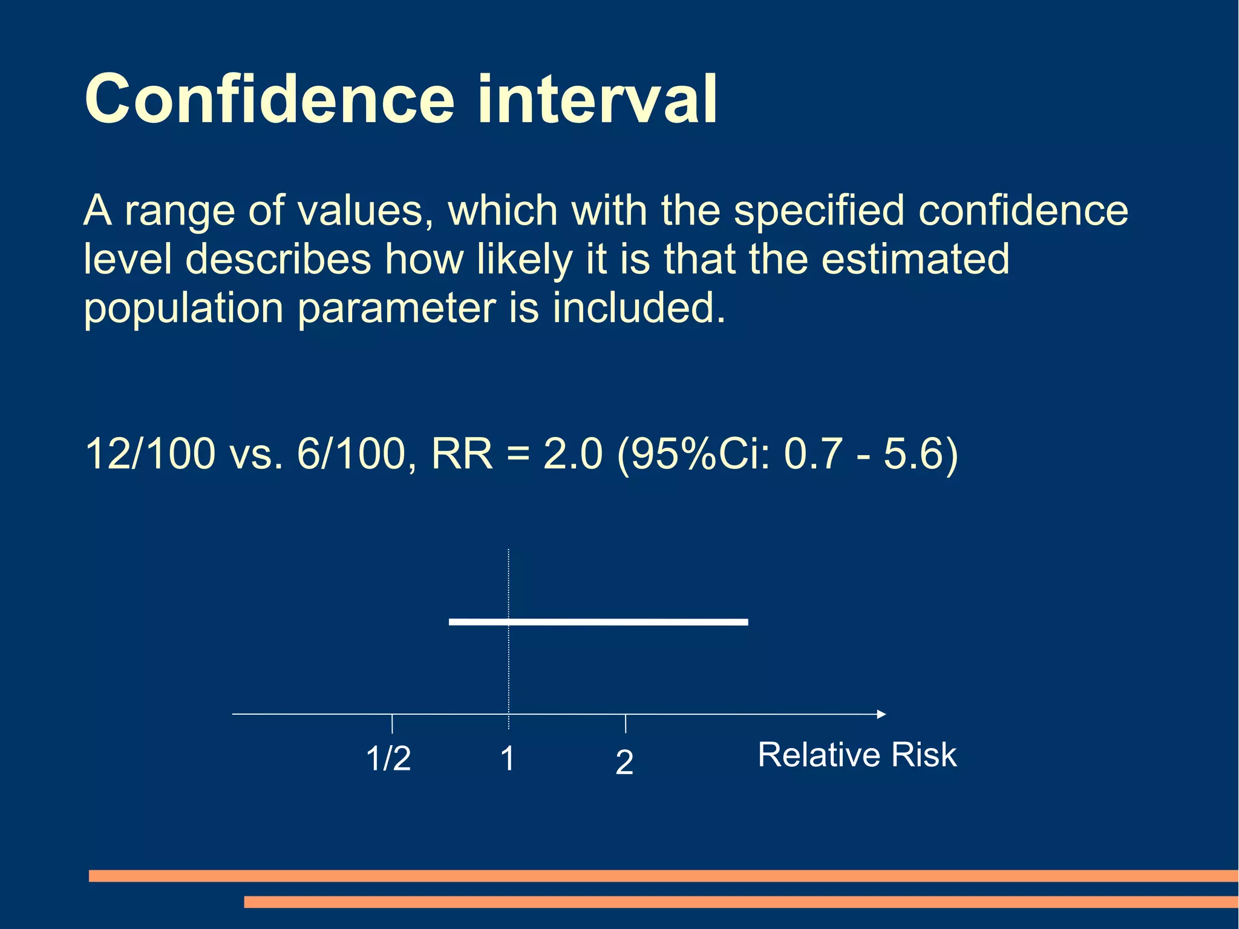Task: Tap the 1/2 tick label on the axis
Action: [x=388, y=758]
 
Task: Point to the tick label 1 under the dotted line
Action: [x=508, y=758]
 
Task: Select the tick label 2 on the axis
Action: [x=624, y=762]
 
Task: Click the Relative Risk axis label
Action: [x=857, y=755]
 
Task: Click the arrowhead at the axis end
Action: [x=881, y=714]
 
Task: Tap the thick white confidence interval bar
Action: [x=598, y=622]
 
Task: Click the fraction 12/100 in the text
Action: [x=150, y=453]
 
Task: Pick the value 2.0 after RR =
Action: [x=572, y=453]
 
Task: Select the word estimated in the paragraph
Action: [x=915, y=259]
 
